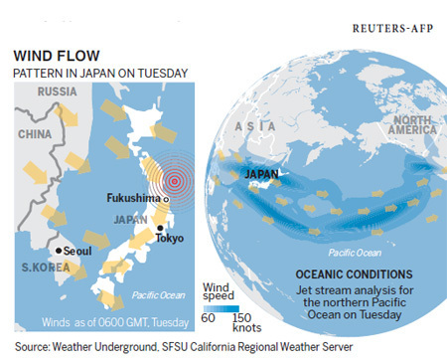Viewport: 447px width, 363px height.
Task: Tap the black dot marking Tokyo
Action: coord(159,229)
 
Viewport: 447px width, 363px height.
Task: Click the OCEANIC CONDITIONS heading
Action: coord(354,272)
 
